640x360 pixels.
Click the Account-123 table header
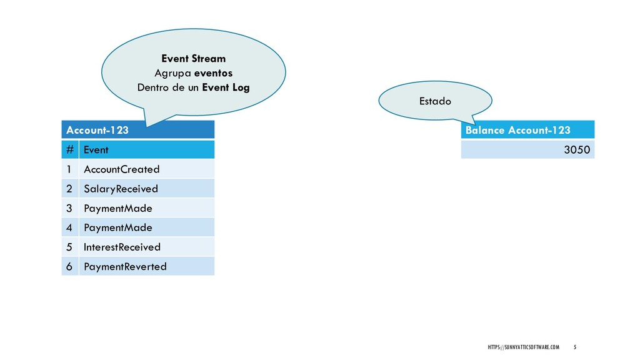pos(137,130)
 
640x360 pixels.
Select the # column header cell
pos(70,150)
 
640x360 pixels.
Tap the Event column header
pos(146,150)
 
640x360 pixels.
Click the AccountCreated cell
pos(146,169)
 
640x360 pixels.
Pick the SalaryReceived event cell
pos(146,189)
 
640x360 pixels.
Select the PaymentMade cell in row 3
pos(146,208)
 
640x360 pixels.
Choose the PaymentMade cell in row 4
pos(146,227)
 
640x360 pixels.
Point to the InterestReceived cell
pos(146,247)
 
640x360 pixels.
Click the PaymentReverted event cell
pos(146,266)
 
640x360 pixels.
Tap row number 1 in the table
pos(70,169)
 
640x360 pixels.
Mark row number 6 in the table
pos(70,266)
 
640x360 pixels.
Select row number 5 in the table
pos(70,247)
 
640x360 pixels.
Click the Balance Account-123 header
pos(527,130)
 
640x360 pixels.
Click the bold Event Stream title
pos(193,59)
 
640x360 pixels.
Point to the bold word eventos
pos(213,73)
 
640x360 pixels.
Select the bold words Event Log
pos(225,87)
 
